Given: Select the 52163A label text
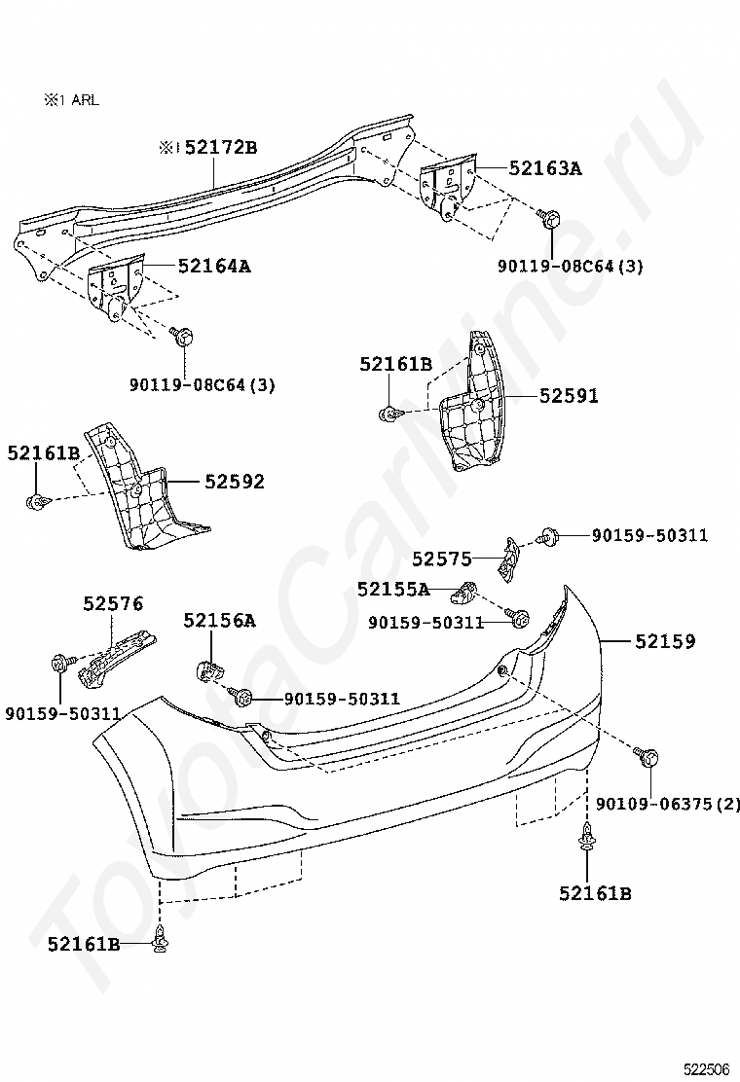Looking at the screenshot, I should tap(544, 168).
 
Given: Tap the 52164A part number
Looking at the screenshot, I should tap(213, 266).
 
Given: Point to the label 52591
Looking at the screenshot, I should tap(569, 396).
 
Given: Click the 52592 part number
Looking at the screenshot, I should tap(234, 482).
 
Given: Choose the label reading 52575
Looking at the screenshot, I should tap(441, 559).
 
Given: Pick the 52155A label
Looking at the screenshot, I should tap(392, 589).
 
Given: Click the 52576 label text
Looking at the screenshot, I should tap(113, 604).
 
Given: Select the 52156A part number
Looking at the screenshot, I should tap(219, 621).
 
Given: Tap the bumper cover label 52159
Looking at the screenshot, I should tap(665, 642).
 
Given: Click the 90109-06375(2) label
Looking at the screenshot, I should tap(667, 804).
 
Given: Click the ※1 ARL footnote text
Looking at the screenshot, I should tap(70, 99).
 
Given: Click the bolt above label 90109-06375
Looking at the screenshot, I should tap(650, 756).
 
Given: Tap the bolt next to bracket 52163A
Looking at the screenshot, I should tap(549, 219).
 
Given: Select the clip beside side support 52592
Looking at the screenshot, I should tap(37, 502).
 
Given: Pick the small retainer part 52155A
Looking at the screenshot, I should tap(468, 589).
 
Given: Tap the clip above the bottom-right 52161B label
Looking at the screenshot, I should tap(587, 837).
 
